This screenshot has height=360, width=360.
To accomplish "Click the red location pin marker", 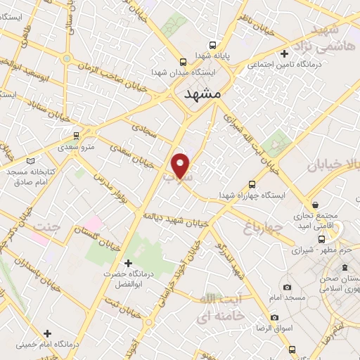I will (181, 165).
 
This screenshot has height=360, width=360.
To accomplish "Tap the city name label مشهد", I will (202, 93).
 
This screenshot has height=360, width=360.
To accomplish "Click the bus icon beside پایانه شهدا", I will (183, 61).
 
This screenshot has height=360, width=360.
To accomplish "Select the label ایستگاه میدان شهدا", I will (184, 72).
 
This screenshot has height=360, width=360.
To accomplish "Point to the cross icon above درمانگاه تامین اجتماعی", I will (284, 53).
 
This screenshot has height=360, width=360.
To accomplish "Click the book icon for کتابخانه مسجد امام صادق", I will (29, 161).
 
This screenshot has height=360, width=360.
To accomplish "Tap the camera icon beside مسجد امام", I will (287, 287).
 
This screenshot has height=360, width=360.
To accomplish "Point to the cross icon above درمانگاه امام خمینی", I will (47, 334).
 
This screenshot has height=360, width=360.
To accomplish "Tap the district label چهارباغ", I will (263, 228).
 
